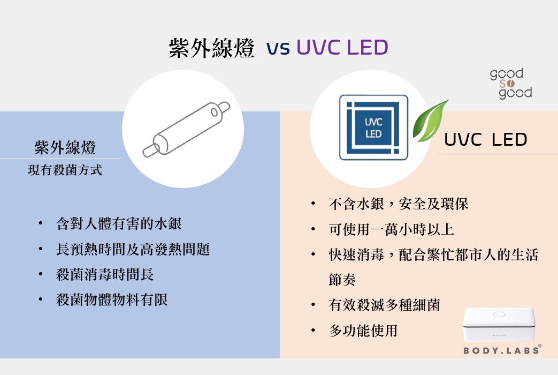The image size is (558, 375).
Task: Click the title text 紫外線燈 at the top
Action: (x=211, y=48)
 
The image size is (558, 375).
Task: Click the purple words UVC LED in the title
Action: (x=342, y=48)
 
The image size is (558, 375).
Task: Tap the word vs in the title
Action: (x=278, y=49)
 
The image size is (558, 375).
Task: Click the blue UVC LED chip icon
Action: (x=373, y=127)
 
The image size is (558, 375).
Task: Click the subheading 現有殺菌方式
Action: (x=65, y=171)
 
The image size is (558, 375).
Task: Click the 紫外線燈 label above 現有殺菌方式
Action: (x=65, y=147)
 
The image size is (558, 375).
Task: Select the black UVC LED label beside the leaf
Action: (x=486, y=140)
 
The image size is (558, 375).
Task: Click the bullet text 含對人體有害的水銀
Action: (x=119, y=223)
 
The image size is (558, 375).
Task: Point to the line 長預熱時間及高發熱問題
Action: (x=133, y=249)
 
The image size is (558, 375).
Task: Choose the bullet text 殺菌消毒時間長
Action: (x=105, y=275)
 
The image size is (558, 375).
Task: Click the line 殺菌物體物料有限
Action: (x=112, y=300)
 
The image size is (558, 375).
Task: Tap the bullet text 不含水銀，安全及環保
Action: (x=399, y=204)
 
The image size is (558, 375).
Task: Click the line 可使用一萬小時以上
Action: (x=391, y=230)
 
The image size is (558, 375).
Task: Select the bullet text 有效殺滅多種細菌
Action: (x=384, y=305)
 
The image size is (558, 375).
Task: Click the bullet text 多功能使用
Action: (x=363, y=331)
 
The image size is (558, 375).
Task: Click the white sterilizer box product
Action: (x=500, y=324)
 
